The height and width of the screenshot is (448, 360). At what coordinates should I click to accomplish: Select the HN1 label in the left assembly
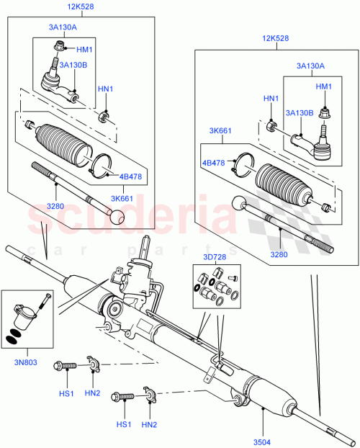[106, 89]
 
